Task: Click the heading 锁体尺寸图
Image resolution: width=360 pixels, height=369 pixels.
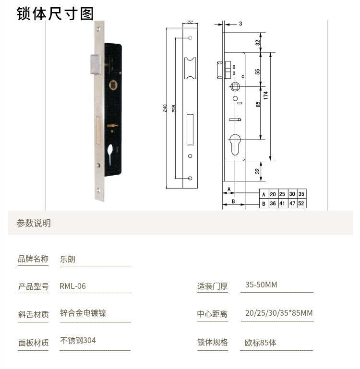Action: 55,13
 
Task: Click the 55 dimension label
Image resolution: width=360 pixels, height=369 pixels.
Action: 258,71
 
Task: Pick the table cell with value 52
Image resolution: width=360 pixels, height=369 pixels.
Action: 301,203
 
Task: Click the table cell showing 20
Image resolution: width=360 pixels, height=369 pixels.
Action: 273,194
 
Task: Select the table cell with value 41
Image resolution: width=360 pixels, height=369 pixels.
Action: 282,203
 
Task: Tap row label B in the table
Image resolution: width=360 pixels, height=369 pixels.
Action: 263,203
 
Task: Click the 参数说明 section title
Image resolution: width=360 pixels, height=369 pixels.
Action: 34,223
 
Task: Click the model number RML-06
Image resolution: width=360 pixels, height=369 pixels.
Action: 73,286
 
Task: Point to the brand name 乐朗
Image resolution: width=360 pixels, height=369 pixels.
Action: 68,259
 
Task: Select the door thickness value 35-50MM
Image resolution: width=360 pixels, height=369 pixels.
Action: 261,285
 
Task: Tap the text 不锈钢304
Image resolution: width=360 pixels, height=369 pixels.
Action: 78,340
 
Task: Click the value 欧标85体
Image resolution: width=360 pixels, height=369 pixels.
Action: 261,343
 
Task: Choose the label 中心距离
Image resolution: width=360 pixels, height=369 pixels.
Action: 212,314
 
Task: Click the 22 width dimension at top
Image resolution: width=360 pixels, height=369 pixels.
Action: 190,22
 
